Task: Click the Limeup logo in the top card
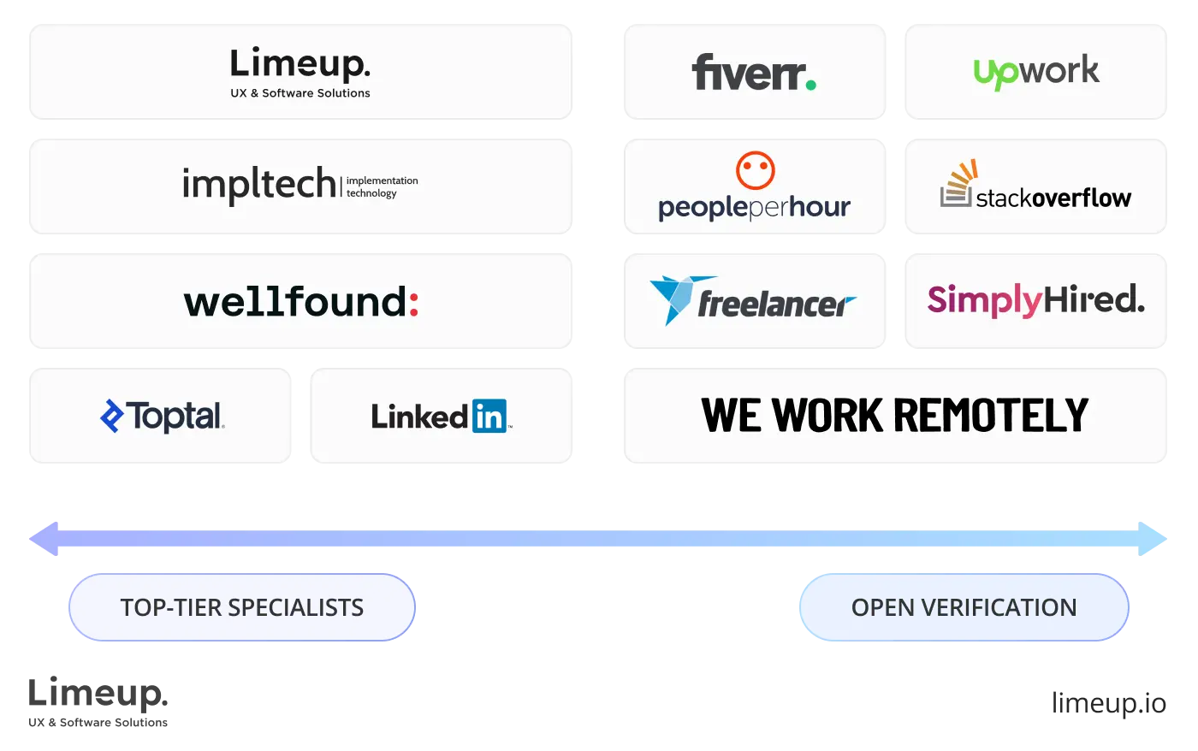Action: click(x=299, y=64)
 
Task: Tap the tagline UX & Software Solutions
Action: click(x=299, y=93)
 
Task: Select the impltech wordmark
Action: click(x=259, y=184)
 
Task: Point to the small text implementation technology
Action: click(x=382, y=186)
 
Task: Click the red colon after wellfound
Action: click(x=413, y=303)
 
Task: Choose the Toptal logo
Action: click(x=162, y=416)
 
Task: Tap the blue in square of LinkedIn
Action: click(x=489, y=416)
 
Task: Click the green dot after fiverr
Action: click(x=810, y=84)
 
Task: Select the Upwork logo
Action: click(x=1036, y=72)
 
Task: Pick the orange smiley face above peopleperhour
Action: click(x=755, y=170)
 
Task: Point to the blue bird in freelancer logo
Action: click(x=673, y=297)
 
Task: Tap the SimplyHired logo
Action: click(x=1035, y=300)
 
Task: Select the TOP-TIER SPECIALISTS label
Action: click(x=242, y=607)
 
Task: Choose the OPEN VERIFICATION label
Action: click(x=964, y=607)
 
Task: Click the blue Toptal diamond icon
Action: click(x=112, y=416)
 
